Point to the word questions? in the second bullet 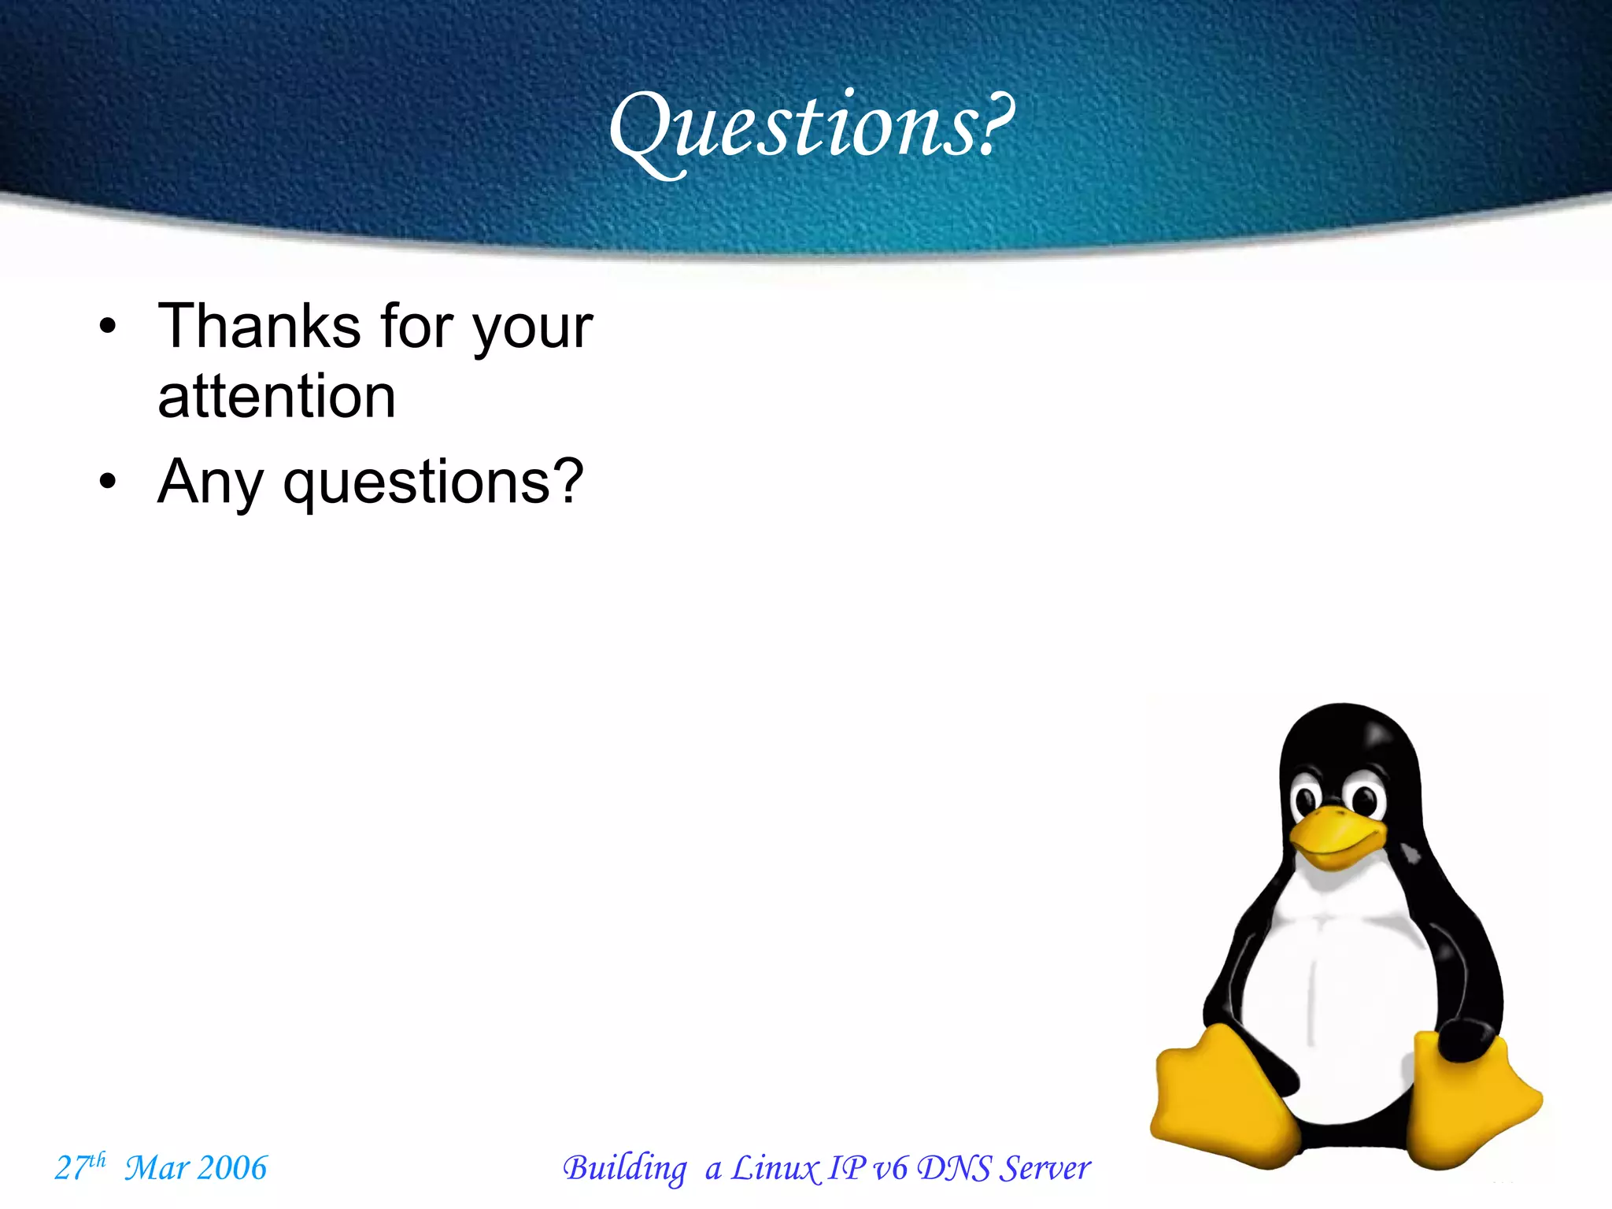(433, 482)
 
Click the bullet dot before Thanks (108, 326)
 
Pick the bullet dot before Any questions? (108, 481)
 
